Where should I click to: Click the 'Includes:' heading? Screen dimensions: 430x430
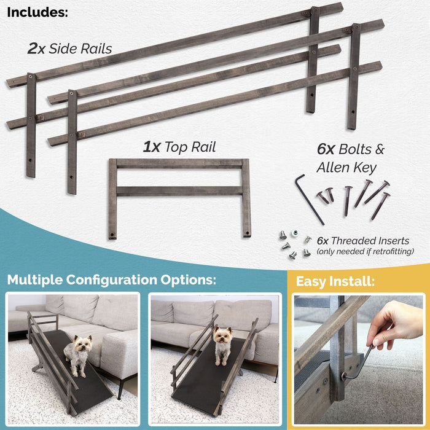(38, 12)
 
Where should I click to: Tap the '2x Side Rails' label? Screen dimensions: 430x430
(69, 49)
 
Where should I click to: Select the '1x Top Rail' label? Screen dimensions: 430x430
(179, 147)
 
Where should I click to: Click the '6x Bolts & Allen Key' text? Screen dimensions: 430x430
(350, 157)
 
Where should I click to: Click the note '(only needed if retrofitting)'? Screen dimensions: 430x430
(365, 251)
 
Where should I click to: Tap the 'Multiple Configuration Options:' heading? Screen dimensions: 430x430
(112, 280)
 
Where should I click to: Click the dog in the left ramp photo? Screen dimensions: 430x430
(77, 354)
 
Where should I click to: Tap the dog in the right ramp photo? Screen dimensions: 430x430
(222, 345)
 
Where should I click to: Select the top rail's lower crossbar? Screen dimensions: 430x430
(179, 191)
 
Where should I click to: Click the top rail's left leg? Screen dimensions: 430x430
(112, 200)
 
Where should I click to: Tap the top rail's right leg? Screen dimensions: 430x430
(246, 198)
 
